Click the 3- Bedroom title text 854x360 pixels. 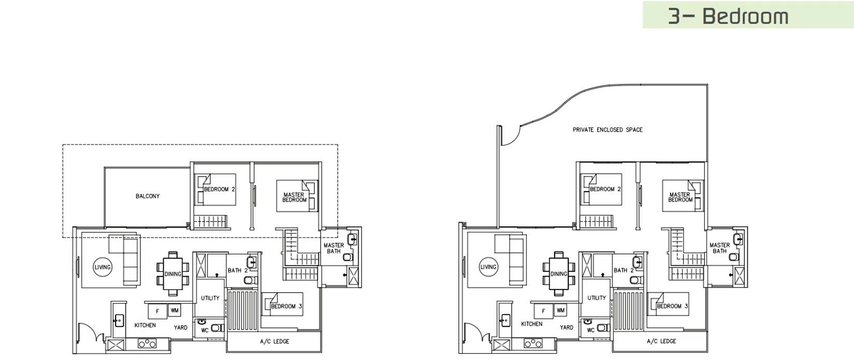[728, 16]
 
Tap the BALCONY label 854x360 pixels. [148, 196]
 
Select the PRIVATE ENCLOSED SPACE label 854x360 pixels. [607, 129]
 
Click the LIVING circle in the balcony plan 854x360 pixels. [103, 267]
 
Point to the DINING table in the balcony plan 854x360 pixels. [172, 274]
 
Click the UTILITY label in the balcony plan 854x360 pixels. [210, 298]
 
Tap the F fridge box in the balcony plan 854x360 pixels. [157, 311]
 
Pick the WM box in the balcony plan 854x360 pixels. [175, 310]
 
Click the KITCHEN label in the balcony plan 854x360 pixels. [145, 325]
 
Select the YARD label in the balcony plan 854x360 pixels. [181, 327]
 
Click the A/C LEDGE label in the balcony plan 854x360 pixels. [274, 341]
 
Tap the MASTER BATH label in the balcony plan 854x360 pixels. [334, 248]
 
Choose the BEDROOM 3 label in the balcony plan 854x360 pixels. [286, 306]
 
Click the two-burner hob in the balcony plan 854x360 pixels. [147, 343]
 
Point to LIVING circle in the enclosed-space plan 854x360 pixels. [488, 267]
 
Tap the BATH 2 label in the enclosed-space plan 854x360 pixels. [624, 270]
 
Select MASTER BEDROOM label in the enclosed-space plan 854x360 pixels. [680, 197]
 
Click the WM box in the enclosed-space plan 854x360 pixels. [560, 310]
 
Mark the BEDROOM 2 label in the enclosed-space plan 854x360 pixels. [605, 189]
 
